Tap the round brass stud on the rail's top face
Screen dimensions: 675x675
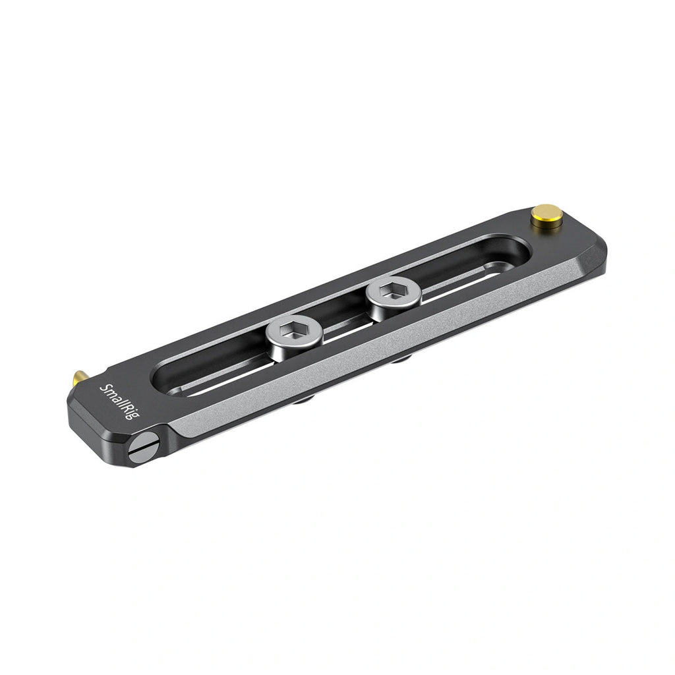[x=547, y=218]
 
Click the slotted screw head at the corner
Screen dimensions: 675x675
[x=145, y=448]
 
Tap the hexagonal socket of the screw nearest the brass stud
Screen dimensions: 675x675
[x=394, y=291]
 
